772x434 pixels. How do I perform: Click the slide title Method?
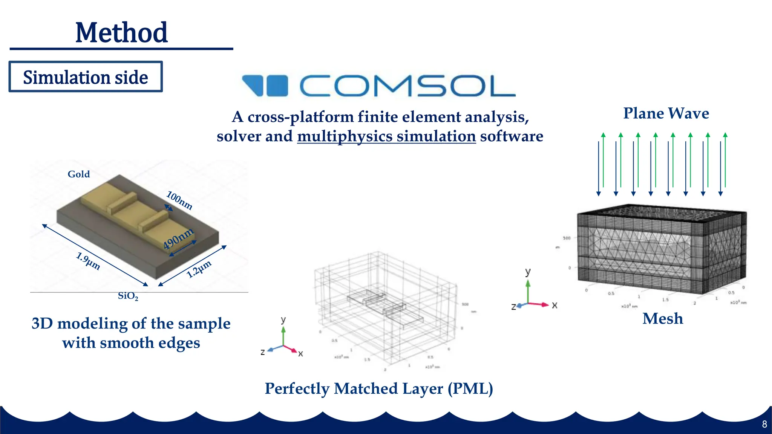coord(121,33)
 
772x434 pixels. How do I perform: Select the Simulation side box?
coord(86,77)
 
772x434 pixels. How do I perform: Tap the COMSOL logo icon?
coord(265,86)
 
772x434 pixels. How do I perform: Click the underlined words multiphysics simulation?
coord(386,136)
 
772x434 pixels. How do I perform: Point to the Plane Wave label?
coord(666,113)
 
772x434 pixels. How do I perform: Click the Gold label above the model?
coord(78,174)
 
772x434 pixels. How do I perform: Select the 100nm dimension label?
coord(180,200)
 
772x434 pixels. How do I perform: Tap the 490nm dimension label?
coord(178,238)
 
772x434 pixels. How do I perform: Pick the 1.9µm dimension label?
coord(88,261)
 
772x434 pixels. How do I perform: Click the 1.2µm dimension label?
coord(199,269)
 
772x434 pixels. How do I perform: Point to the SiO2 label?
coord(128,296)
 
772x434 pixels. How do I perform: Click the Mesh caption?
coord(662,319)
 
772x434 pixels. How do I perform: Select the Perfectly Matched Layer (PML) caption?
coord(378,388)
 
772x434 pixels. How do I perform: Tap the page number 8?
coord(764,424)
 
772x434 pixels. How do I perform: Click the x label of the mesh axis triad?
coord(554,305)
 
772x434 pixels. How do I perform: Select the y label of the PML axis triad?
coord(283,320)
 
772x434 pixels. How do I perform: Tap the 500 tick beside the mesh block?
coord(567,238)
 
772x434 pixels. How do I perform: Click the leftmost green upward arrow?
coord(603,160)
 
